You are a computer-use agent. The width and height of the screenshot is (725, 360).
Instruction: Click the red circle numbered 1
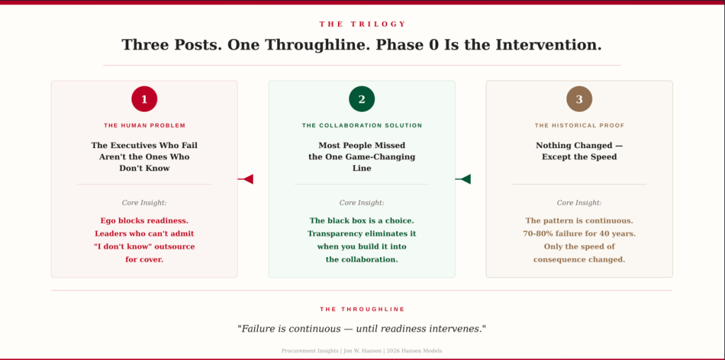[x=145, y=99]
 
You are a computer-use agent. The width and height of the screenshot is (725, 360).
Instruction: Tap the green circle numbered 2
[x=361, y=99]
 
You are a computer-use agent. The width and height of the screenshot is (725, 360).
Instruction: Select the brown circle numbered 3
[x=579, y=99]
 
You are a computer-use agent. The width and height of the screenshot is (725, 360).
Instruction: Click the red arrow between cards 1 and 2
[x=245, y=179]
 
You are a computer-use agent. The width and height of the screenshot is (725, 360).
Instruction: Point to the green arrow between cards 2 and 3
[x=462, y=179]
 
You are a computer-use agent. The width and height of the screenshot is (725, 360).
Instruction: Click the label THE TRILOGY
[x=362, y=24]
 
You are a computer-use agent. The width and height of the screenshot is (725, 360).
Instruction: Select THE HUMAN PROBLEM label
[x=145, y=125]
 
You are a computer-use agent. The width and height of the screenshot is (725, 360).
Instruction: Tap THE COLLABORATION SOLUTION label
[x=362, y=125]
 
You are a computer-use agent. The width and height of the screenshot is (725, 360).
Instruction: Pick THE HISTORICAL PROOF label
[x=579, y=125]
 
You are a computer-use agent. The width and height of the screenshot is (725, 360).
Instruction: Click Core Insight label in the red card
[x=145, y=203]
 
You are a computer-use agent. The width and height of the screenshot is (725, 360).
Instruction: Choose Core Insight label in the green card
[x=361, y=203]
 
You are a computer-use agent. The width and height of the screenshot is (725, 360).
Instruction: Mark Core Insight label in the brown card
[x=579, y=203]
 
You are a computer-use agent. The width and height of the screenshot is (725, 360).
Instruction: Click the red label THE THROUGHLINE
[x=362, y=309]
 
